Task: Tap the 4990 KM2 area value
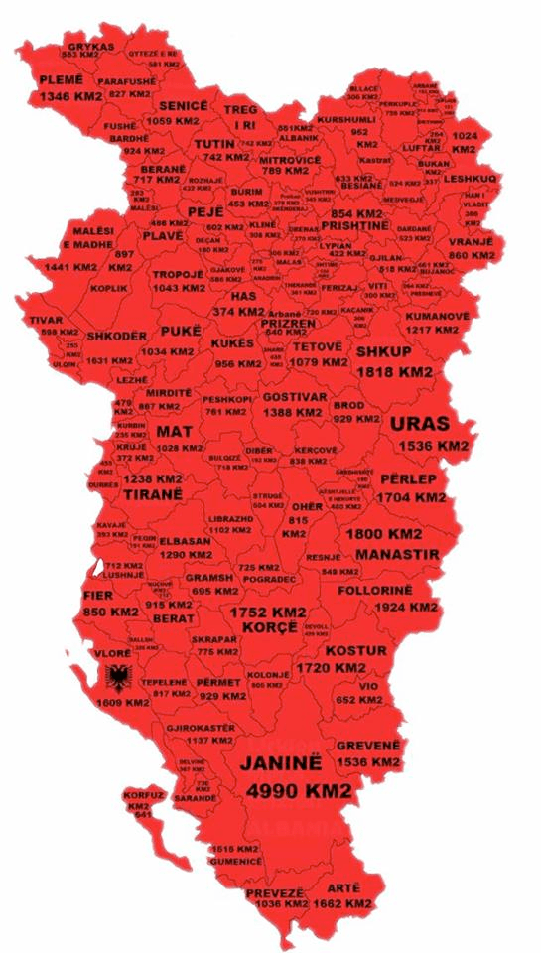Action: tap(299, 791)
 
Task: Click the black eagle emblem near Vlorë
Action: tap(120, 680)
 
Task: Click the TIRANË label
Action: tap(153, 493)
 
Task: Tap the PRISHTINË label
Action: tap(359, 226)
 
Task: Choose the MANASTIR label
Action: tap(396, 553)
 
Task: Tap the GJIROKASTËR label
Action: tap(203, 728)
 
